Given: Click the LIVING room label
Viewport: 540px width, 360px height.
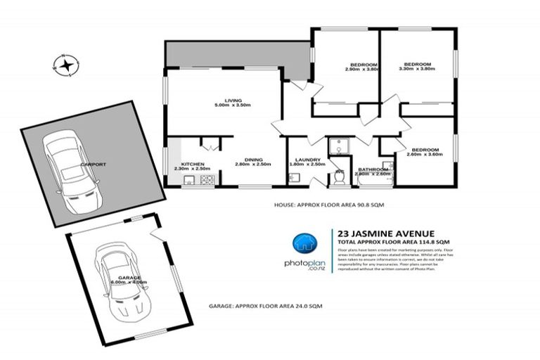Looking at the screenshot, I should point(227,102).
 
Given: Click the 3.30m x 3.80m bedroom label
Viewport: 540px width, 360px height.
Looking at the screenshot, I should point(418,66).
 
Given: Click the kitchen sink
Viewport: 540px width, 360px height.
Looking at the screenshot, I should point(188,181).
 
